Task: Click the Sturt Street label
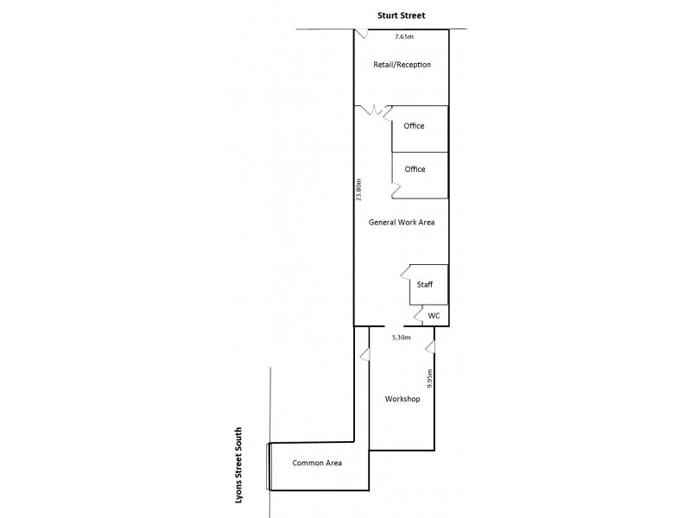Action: (x=401, y=15)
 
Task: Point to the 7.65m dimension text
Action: (x=404, y=37)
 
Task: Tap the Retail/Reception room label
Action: (x=402, y=65)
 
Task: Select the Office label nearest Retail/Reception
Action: (x=415, y=127)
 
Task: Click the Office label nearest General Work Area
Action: (x=415, y=169)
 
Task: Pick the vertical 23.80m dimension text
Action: (x=358, y=189)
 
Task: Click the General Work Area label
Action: (x=401, y=222)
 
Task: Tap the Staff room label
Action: (x=425, y=283)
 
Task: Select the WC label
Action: (x=434, y=316)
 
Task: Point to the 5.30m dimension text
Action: (x=400, y=337)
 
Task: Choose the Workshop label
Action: (x=402, y=399)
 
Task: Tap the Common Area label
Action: (x=317, y=463)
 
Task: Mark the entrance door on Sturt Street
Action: (x=362, y=35)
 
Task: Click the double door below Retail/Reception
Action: (x=377, y=111)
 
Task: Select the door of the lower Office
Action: (x=396, y=188)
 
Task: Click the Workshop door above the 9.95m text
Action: (x=429, y=346)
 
